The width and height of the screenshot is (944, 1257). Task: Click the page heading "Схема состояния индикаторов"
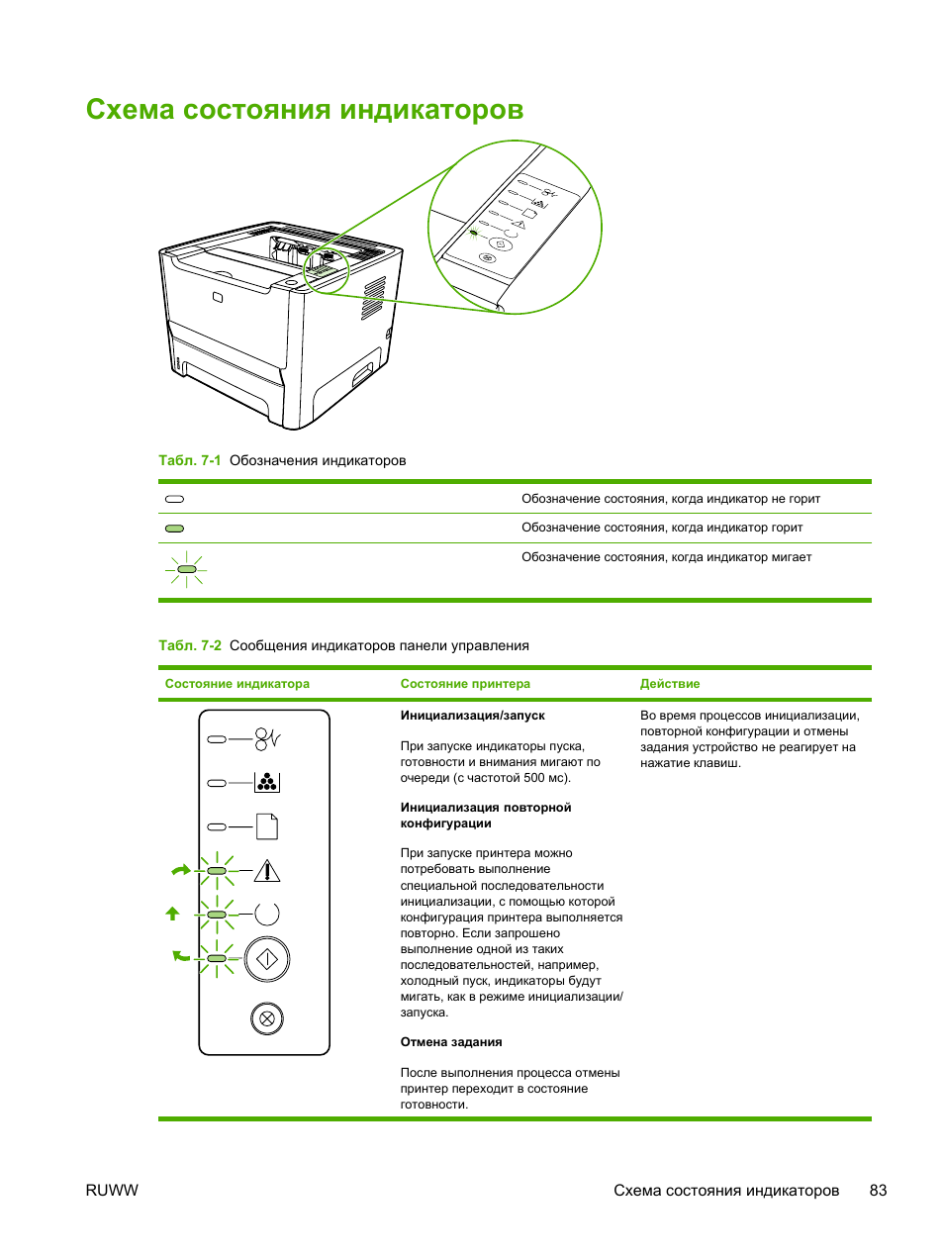[x=304, y=110]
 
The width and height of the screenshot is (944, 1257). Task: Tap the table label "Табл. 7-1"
[x=189, y=460]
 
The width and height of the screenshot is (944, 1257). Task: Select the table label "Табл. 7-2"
[x=189, y=645]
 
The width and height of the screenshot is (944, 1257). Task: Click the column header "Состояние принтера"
[x=465, y=684]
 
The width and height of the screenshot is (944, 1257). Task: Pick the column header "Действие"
[x=670, y=684]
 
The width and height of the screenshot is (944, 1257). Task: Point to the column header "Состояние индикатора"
[x=236, y=684]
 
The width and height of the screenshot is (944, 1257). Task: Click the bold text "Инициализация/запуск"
[x=472, y=716]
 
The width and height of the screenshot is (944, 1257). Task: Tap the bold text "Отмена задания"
[x=451, y=1042]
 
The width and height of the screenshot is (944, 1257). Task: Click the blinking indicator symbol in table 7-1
[x=186, y=569]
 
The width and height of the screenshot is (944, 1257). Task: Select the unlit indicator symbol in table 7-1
[x=174, y=499]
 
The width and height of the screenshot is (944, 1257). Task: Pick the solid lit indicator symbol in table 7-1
[x=174, y=529]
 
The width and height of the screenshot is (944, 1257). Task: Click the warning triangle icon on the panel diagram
[x=267, y=871]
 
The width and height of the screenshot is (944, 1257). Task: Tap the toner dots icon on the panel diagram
[x=267, y=782]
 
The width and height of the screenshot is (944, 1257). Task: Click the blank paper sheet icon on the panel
[x=267, y=825]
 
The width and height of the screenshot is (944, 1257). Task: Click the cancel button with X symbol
[x=267, y=1018]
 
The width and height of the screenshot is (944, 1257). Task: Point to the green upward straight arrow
[x=173, y=914]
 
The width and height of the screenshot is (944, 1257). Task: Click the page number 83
[x=878, y=1191]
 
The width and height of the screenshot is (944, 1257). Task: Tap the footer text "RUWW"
[x=112, y=1191]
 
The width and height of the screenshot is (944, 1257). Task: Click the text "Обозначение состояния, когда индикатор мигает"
[x=666, y=557]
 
